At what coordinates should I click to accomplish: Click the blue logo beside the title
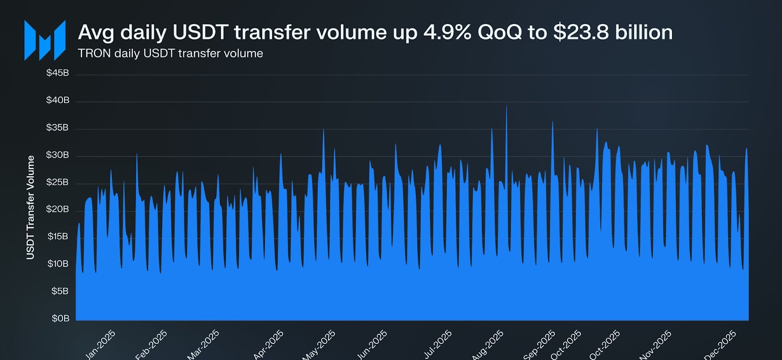pyautogui.click(x=45, y=41)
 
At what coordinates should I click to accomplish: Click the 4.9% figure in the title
pyautogui.click(x=447, y=33)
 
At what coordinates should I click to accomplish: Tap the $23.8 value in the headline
pyautogui.click(x=581, y=33)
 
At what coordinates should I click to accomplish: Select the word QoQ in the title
pyautogui.click(x=500, y=33)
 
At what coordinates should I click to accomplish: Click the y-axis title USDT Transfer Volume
pyautogui.click(x=30, y=207)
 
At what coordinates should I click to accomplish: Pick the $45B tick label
pyautogui.click(x=58, y=73)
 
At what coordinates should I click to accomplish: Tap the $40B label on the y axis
pyautogui.click(x=58, y=100)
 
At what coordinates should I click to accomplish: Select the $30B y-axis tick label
pyautogui.click(x=58, y=155)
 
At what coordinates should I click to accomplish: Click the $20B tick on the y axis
pyautogui.click(x=58, y=209)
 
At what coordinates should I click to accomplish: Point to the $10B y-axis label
pyautogui.click(x=58, y=264)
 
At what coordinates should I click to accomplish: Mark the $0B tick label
pyautogui.click(x=61, y=318)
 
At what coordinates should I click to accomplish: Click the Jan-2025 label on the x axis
pyautogui.click(x=101, y=344)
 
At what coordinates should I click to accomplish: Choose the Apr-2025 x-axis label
pyautogui.click(x=268, y=344)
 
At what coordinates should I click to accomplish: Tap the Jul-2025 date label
pyautogui.click(x=438, y=344)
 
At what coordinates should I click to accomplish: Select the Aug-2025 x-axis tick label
pyautogui.click(x=488, y=345)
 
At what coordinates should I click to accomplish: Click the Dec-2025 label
pyautogui.click(x=720, y=345)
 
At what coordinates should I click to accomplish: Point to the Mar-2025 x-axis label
pyautogui.click(x=203, y=345)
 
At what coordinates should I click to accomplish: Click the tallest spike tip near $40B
pyautogui.click(x=506, y=106)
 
